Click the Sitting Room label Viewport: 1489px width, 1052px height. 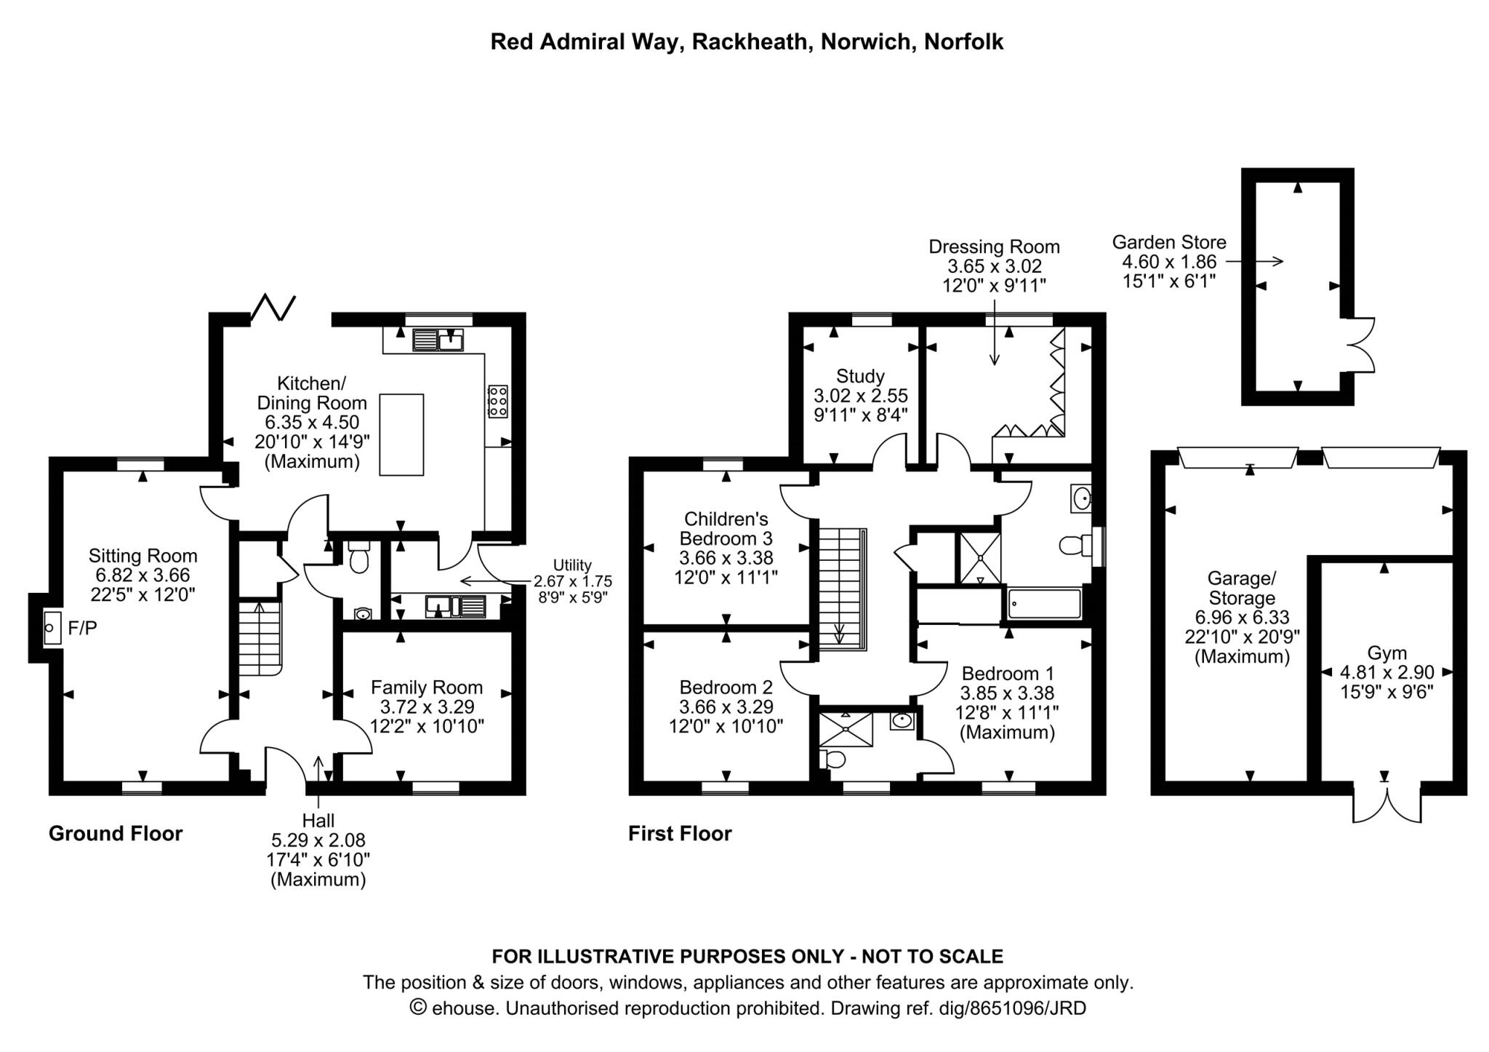coord(143,556)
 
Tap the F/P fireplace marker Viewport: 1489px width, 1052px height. coord(82,628)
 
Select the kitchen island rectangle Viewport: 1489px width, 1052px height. coord(401,434)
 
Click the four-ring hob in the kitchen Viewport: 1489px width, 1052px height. coord(498,401)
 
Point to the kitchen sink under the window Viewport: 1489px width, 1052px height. coord(438,340)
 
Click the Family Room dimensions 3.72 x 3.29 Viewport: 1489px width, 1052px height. coord(427,706)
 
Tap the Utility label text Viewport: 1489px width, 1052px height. coord(572,565)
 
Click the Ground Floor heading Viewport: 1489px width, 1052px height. coord(116,834)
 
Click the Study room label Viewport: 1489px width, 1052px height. coord(860,376)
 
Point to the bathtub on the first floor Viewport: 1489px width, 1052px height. coord(1044,604)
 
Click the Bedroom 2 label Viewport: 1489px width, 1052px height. coord(726,688)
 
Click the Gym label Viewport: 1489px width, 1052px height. coord(1386,653)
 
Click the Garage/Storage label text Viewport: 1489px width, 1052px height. coord(1241,588)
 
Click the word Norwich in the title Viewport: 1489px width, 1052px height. coord(865,42)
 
